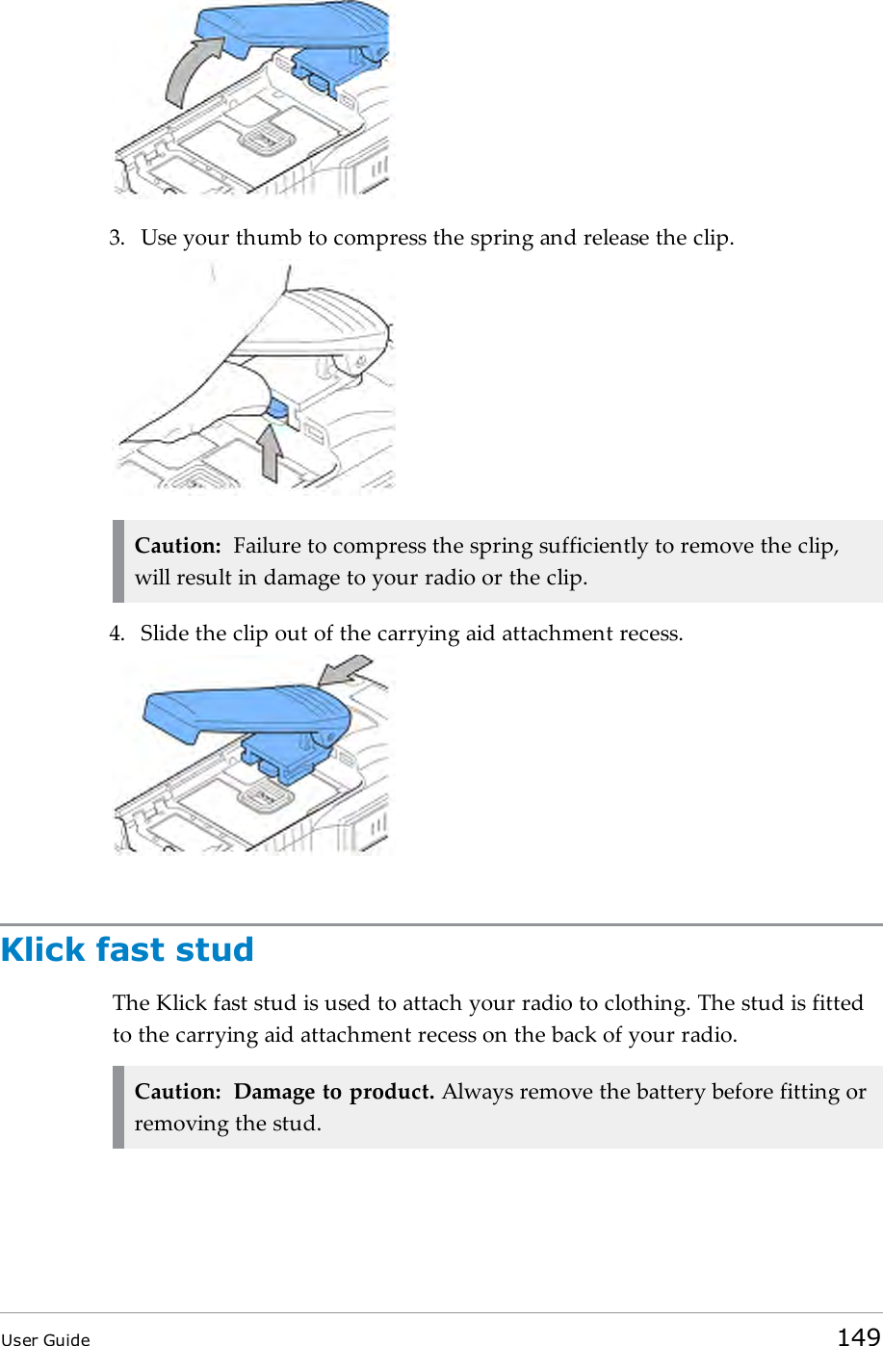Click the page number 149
coord(858,1335)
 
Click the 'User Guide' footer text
coord(45,1339)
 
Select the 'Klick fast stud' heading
coord(127,949)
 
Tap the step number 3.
coord(116,238)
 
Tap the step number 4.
coord(116,634)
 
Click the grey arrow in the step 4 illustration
coord(345,670)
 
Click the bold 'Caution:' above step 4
coord(178,546)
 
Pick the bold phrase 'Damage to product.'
coord(334,1092)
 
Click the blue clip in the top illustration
coord(289,29)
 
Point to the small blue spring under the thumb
coord(276,411)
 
